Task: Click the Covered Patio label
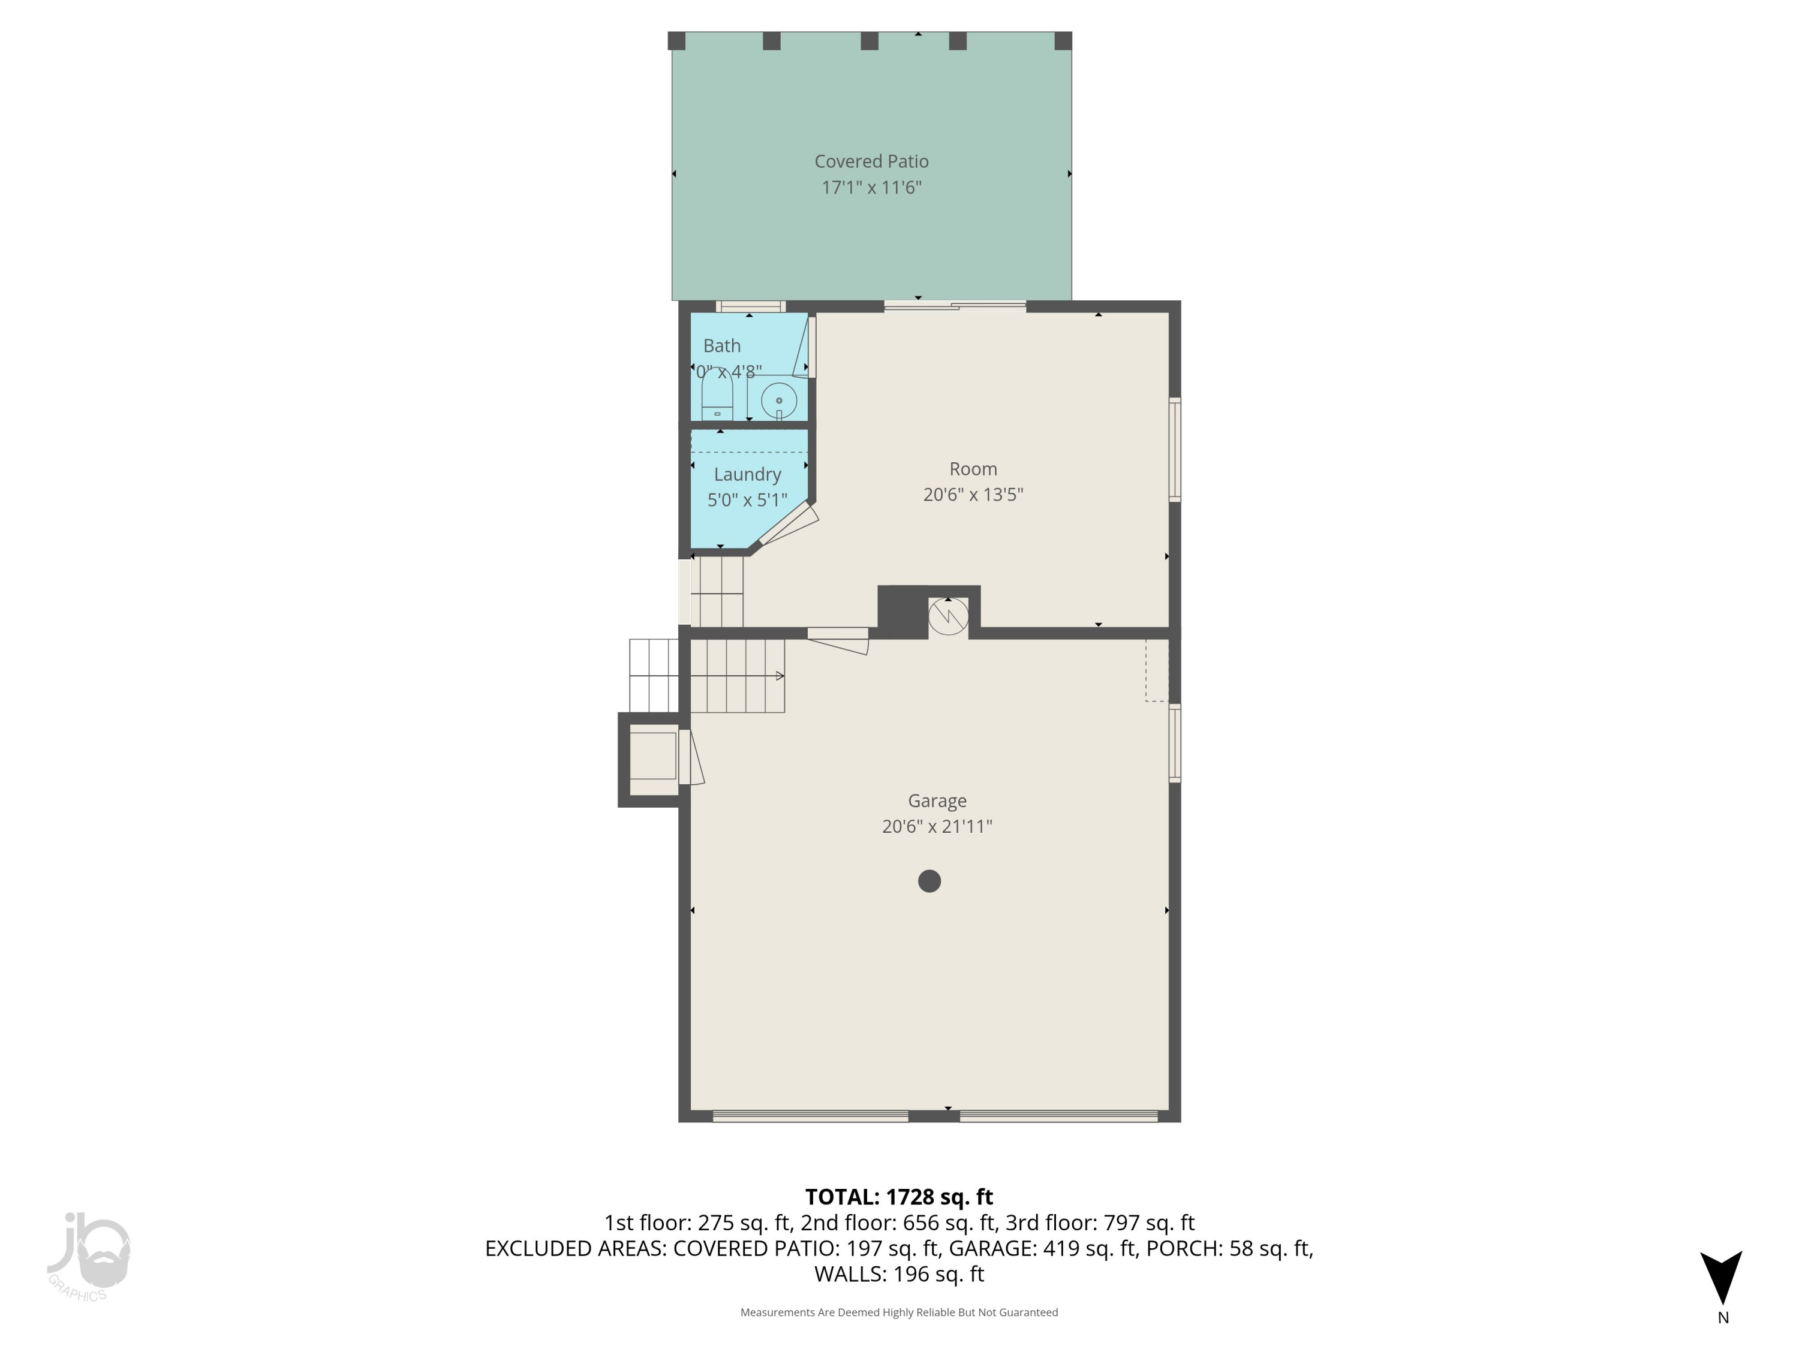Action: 871,161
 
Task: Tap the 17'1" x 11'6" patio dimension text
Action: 871,187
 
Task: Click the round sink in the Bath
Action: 778,400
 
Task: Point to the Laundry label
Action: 747,474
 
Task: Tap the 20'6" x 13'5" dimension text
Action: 973,495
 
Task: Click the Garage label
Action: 937,800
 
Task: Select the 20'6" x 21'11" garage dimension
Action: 937,826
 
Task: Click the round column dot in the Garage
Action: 929,881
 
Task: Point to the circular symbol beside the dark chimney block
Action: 948,616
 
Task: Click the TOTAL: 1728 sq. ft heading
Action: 899,1197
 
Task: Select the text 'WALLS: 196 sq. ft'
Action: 899,1273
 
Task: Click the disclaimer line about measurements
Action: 899,1312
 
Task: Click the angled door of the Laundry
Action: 788,525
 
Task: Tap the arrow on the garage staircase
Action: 778,676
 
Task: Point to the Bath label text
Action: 721,345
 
